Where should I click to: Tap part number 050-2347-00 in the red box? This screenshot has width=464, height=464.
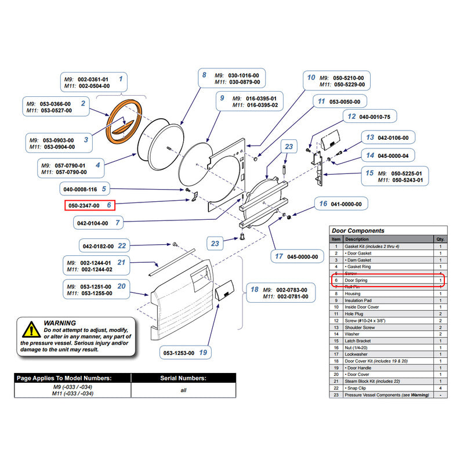(85, 205)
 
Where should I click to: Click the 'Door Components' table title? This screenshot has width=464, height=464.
(357, 230)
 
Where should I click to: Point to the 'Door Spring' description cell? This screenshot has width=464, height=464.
(356, 281)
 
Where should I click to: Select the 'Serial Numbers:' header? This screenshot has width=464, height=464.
(183, 378)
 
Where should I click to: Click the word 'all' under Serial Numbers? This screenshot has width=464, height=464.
(183, 390)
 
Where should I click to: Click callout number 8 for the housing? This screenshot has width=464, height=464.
(204, 75)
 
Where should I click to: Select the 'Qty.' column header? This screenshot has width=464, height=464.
(440, 239)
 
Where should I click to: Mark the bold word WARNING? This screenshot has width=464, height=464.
(59, 323)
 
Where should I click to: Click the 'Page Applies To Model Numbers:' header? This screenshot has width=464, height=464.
(72, 378)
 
